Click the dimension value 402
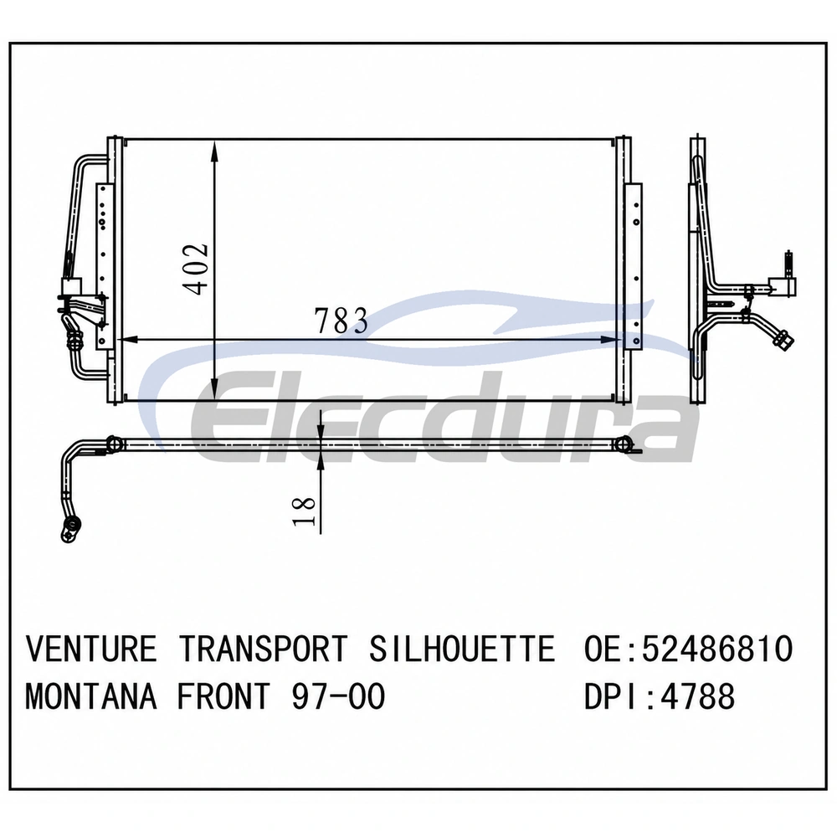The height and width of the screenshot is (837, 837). [x=195, y=269]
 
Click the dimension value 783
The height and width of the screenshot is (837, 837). [x=341, y=321]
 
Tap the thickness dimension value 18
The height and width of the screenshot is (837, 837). [x=305, y=511]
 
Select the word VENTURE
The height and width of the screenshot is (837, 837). [x=91, y=649]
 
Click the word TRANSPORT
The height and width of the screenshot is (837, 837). [x=263, y=649]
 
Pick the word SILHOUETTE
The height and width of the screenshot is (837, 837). [x=462, y=649]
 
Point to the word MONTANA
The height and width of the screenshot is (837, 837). [x=91, y=696]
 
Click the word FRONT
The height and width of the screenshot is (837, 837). [x=224, y=696]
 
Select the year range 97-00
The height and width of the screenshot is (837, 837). [x=338, y=696]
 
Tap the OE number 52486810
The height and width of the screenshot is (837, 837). [x=717, y=649]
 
